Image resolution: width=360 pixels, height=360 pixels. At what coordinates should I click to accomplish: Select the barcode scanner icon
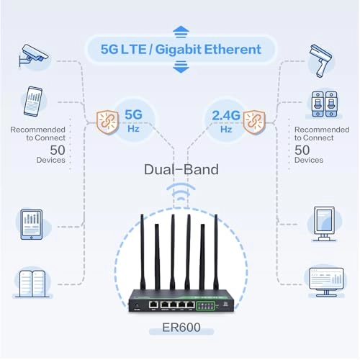[x=321, y=56]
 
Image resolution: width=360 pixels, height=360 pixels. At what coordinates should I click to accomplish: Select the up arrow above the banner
[x=181, y=31]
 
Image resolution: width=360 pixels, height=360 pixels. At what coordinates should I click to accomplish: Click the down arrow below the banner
[x=181, y=68]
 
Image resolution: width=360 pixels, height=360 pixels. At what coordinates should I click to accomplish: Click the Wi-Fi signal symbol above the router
[x=180, y=196]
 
